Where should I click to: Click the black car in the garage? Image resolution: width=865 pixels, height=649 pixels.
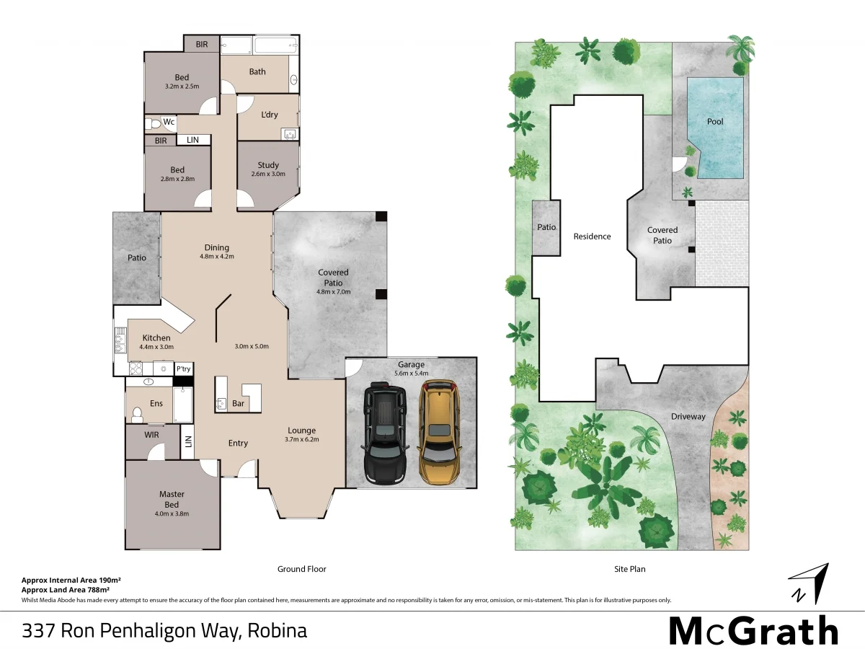[386, 435]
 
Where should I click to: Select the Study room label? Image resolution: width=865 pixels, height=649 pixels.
[268, 165]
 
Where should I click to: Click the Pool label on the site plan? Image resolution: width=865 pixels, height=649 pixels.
[715, 121]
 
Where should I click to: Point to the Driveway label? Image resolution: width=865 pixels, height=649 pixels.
[688, 417]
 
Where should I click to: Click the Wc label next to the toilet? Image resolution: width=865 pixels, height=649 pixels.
[169, 122]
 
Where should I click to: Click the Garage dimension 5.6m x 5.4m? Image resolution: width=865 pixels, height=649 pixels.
[412, 374]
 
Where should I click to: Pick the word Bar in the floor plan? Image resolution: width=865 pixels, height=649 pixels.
[238, 404]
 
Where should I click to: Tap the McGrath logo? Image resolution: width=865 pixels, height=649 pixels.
[753, 631]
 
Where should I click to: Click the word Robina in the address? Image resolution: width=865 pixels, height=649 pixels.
[278, 631]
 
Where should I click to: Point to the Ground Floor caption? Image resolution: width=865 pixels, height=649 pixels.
[302, 569]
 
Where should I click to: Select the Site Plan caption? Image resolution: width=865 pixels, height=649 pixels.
[630, 569]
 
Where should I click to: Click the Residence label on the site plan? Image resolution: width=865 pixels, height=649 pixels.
[592, 237]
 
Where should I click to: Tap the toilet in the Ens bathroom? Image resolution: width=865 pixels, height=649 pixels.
[138, 413]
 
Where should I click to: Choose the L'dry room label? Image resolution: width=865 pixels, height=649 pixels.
[270, 115]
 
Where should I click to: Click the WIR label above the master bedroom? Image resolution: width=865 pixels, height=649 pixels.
[151, 435]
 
